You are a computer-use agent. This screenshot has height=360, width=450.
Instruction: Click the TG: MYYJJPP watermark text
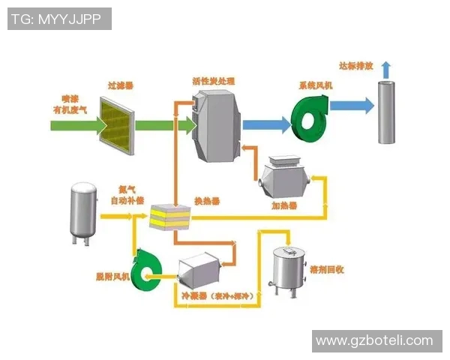click(x=59, y=19)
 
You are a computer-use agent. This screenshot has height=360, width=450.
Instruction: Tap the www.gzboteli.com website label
click(x=374, y=340)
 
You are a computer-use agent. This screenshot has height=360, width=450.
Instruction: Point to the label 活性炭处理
click(x=214, y=80)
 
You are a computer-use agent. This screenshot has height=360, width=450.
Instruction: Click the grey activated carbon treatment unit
click(x=217, y=123)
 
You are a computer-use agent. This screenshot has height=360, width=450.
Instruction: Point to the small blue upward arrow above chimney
click(x=386, y=69)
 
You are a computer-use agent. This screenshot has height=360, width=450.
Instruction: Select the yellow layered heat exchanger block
click(x=171, y=215)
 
